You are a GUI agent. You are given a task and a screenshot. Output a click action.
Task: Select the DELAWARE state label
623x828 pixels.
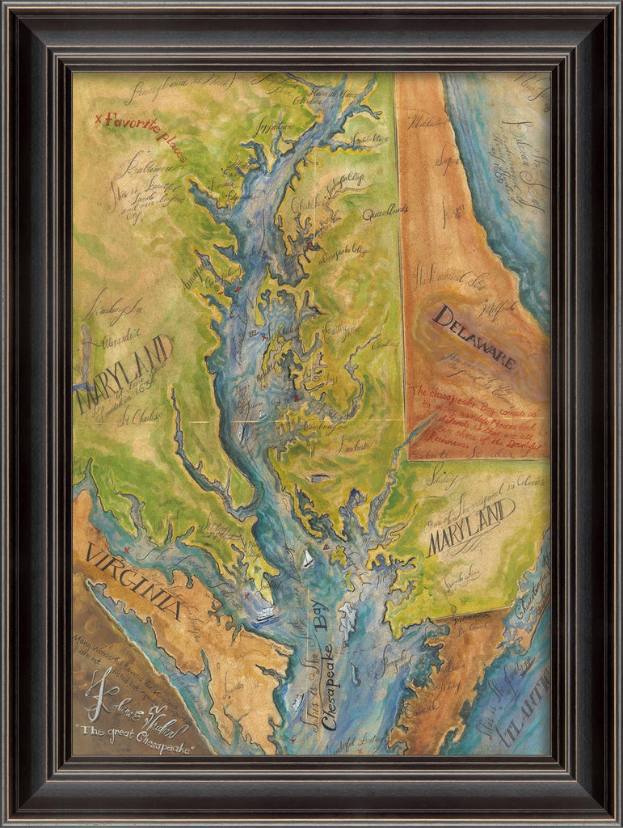(474, 336)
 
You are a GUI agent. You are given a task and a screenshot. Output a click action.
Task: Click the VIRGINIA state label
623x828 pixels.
(133, 581)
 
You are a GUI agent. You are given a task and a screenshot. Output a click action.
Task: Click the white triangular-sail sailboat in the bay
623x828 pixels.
(308, 558)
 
